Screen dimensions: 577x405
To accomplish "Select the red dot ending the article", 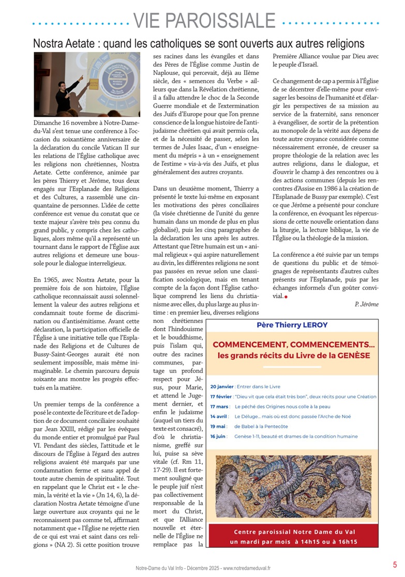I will (x=286, y=296).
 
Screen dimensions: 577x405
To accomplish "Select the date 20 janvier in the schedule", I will (x=221, y=386).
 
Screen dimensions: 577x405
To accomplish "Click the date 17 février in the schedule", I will (x=221, y=397).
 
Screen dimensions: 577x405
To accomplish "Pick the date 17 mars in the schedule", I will (x=220, y=406).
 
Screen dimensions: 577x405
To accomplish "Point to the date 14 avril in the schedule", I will (x=220, y=416).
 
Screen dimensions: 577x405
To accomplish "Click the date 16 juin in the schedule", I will (x=219, y=436).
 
